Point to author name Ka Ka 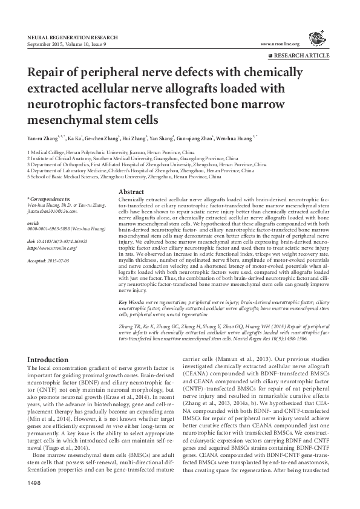(75, 138)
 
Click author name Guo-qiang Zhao (198, 138)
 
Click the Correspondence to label (49, 199)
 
